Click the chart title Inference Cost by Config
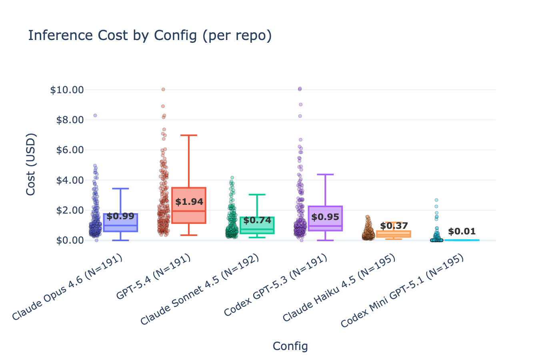click(150, 36)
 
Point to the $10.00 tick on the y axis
click(67, 90)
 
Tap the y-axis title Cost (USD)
click(31, 164)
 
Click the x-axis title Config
click(290, 346)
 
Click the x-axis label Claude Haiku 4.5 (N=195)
click(339, 288)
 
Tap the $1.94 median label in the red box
click(189, 202)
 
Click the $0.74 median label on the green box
click(257, 220)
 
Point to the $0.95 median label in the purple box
click(325, 217)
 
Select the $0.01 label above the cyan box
click(462, 232)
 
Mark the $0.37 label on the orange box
click(394, 226)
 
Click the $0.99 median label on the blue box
click(120, 216)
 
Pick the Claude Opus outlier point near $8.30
click(95, 115)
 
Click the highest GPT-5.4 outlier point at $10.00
click(163, 90)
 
